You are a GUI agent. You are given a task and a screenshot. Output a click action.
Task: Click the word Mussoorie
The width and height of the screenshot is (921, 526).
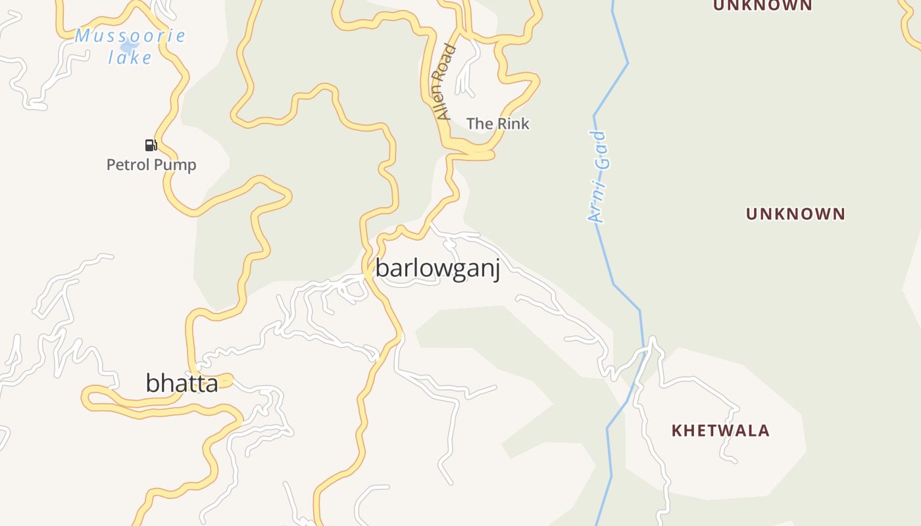(130, 36)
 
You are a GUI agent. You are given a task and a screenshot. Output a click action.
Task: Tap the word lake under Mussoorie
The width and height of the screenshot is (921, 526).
(130, 58)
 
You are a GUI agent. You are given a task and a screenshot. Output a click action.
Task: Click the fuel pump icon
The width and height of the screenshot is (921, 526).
(151, 145)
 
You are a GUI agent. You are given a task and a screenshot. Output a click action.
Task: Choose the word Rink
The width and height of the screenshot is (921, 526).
(513, 124)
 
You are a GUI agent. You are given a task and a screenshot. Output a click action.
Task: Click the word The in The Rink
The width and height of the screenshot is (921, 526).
(480, 124)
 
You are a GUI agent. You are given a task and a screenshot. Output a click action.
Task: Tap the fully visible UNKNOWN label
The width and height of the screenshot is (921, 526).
(795, 214)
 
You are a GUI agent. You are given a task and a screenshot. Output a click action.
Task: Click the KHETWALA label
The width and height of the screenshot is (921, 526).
(720, 431)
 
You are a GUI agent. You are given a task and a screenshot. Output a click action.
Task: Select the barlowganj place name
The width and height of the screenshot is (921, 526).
(437, 269)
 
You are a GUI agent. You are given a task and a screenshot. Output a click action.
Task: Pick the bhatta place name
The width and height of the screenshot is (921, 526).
(182, 383)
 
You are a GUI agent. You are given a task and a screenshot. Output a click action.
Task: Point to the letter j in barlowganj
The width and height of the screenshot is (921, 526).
(497, 271)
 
